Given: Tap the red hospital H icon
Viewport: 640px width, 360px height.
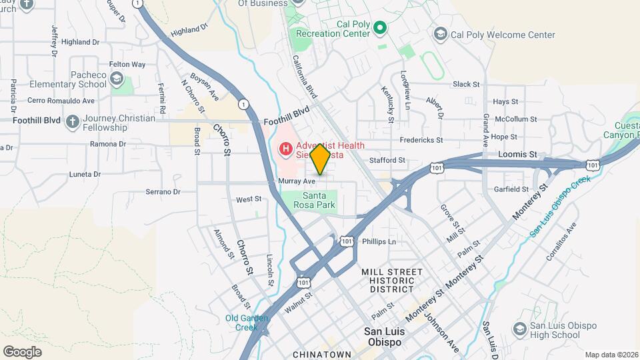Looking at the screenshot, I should coord(286,147).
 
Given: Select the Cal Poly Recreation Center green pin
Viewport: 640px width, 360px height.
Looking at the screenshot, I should coord(379,27).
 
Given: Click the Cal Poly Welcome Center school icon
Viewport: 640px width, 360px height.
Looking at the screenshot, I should coord(440,34).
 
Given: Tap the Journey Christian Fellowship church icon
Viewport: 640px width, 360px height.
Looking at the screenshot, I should coord(71,122).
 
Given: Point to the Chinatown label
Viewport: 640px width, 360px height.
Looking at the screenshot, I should coord(321,353).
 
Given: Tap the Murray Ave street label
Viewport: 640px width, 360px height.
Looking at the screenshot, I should coord(297,181).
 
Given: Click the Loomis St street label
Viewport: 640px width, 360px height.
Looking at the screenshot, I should coord(517,154).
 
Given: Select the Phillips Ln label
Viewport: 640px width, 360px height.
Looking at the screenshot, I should coord(379,241).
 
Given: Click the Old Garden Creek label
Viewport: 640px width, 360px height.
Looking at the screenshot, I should coord(241,322).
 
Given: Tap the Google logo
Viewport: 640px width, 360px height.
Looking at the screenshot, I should coord(22,351).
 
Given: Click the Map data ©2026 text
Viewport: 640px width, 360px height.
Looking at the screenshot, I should coord(611,355).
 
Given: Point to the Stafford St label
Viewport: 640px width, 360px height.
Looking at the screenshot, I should coord(388,160).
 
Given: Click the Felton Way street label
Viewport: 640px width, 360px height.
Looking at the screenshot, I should coord(127,65).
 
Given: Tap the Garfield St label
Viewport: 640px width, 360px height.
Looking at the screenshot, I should coord(511,189).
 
